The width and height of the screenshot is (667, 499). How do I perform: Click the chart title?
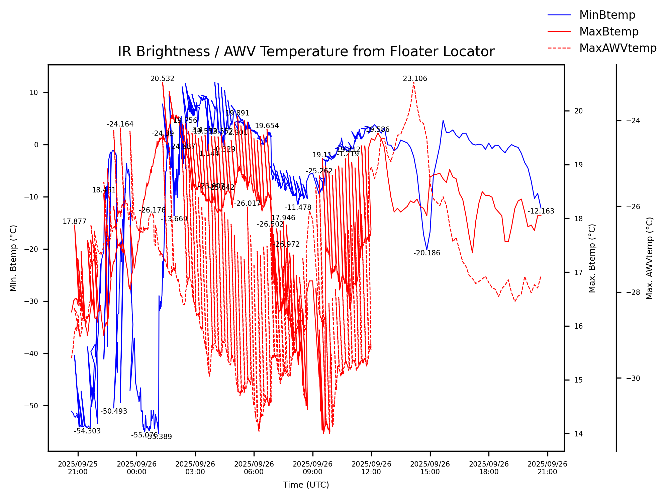[x=306, y=52]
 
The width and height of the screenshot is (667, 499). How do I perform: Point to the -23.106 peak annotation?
[x=414, y=79]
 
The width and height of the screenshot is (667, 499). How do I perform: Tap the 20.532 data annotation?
[x=162, y=79]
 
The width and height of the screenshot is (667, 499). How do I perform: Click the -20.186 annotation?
[x=426, y=253]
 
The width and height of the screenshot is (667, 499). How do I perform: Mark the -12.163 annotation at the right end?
[x=541, y=211]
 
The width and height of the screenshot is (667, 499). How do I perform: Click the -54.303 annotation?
[x=87, y=431]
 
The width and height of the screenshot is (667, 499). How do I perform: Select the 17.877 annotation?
[x=74, y=222]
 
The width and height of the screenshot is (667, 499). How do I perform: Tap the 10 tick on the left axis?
[x=34, y=93]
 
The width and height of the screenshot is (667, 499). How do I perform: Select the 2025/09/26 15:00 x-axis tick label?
[x=430, y=468]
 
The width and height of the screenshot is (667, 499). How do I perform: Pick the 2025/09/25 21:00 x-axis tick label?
[x=78, y=468]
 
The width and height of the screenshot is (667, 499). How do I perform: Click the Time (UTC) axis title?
[x=306, y=485]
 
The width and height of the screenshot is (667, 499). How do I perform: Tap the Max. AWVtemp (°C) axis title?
[x=650, y=258]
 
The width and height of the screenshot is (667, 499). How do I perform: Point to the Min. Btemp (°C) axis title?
[x=13, y=258]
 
